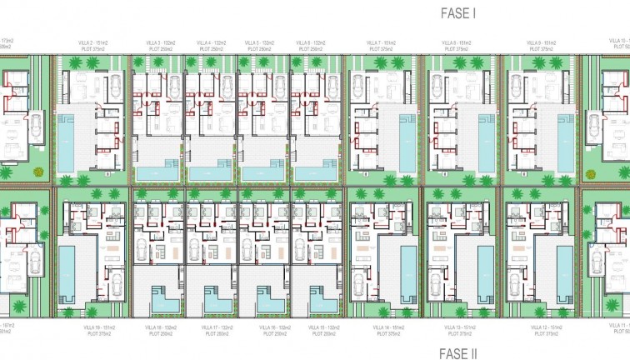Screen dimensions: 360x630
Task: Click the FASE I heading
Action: click(x=457, y=12)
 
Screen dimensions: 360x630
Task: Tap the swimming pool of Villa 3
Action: click(x=157, y=172)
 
